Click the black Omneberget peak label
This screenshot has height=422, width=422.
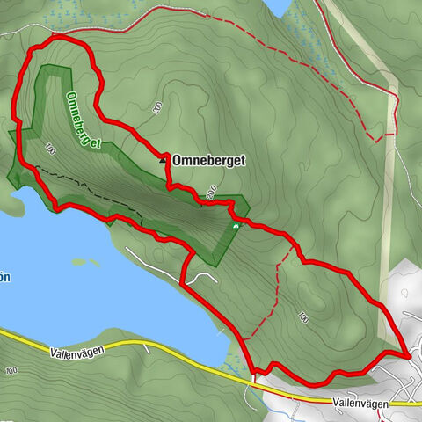(x=209, y=160)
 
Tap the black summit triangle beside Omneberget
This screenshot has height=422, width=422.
(x=164, y=159)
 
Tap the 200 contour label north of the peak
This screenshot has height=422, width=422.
(x=157, y=107)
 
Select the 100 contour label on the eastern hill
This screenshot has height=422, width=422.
(x=303, y=316)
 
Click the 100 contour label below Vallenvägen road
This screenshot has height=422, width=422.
(x=11, y=373)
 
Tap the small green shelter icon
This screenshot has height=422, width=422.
(x=235, y=227)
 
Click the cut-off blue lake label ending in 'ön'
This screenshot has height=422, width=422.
(x=4, y=278)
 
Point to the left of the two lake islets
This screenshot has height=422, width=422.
(x=80, y=261)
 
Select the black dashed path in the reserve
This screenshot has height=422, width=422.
(x=88, y=186)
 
